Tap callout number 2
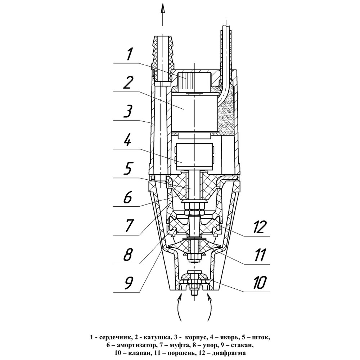pyautogui.click(x=129, y=83)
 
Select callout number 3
pyautogui.click(x=128, y=111)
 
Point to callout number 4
pyautogui.click(x=128, y=140)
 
